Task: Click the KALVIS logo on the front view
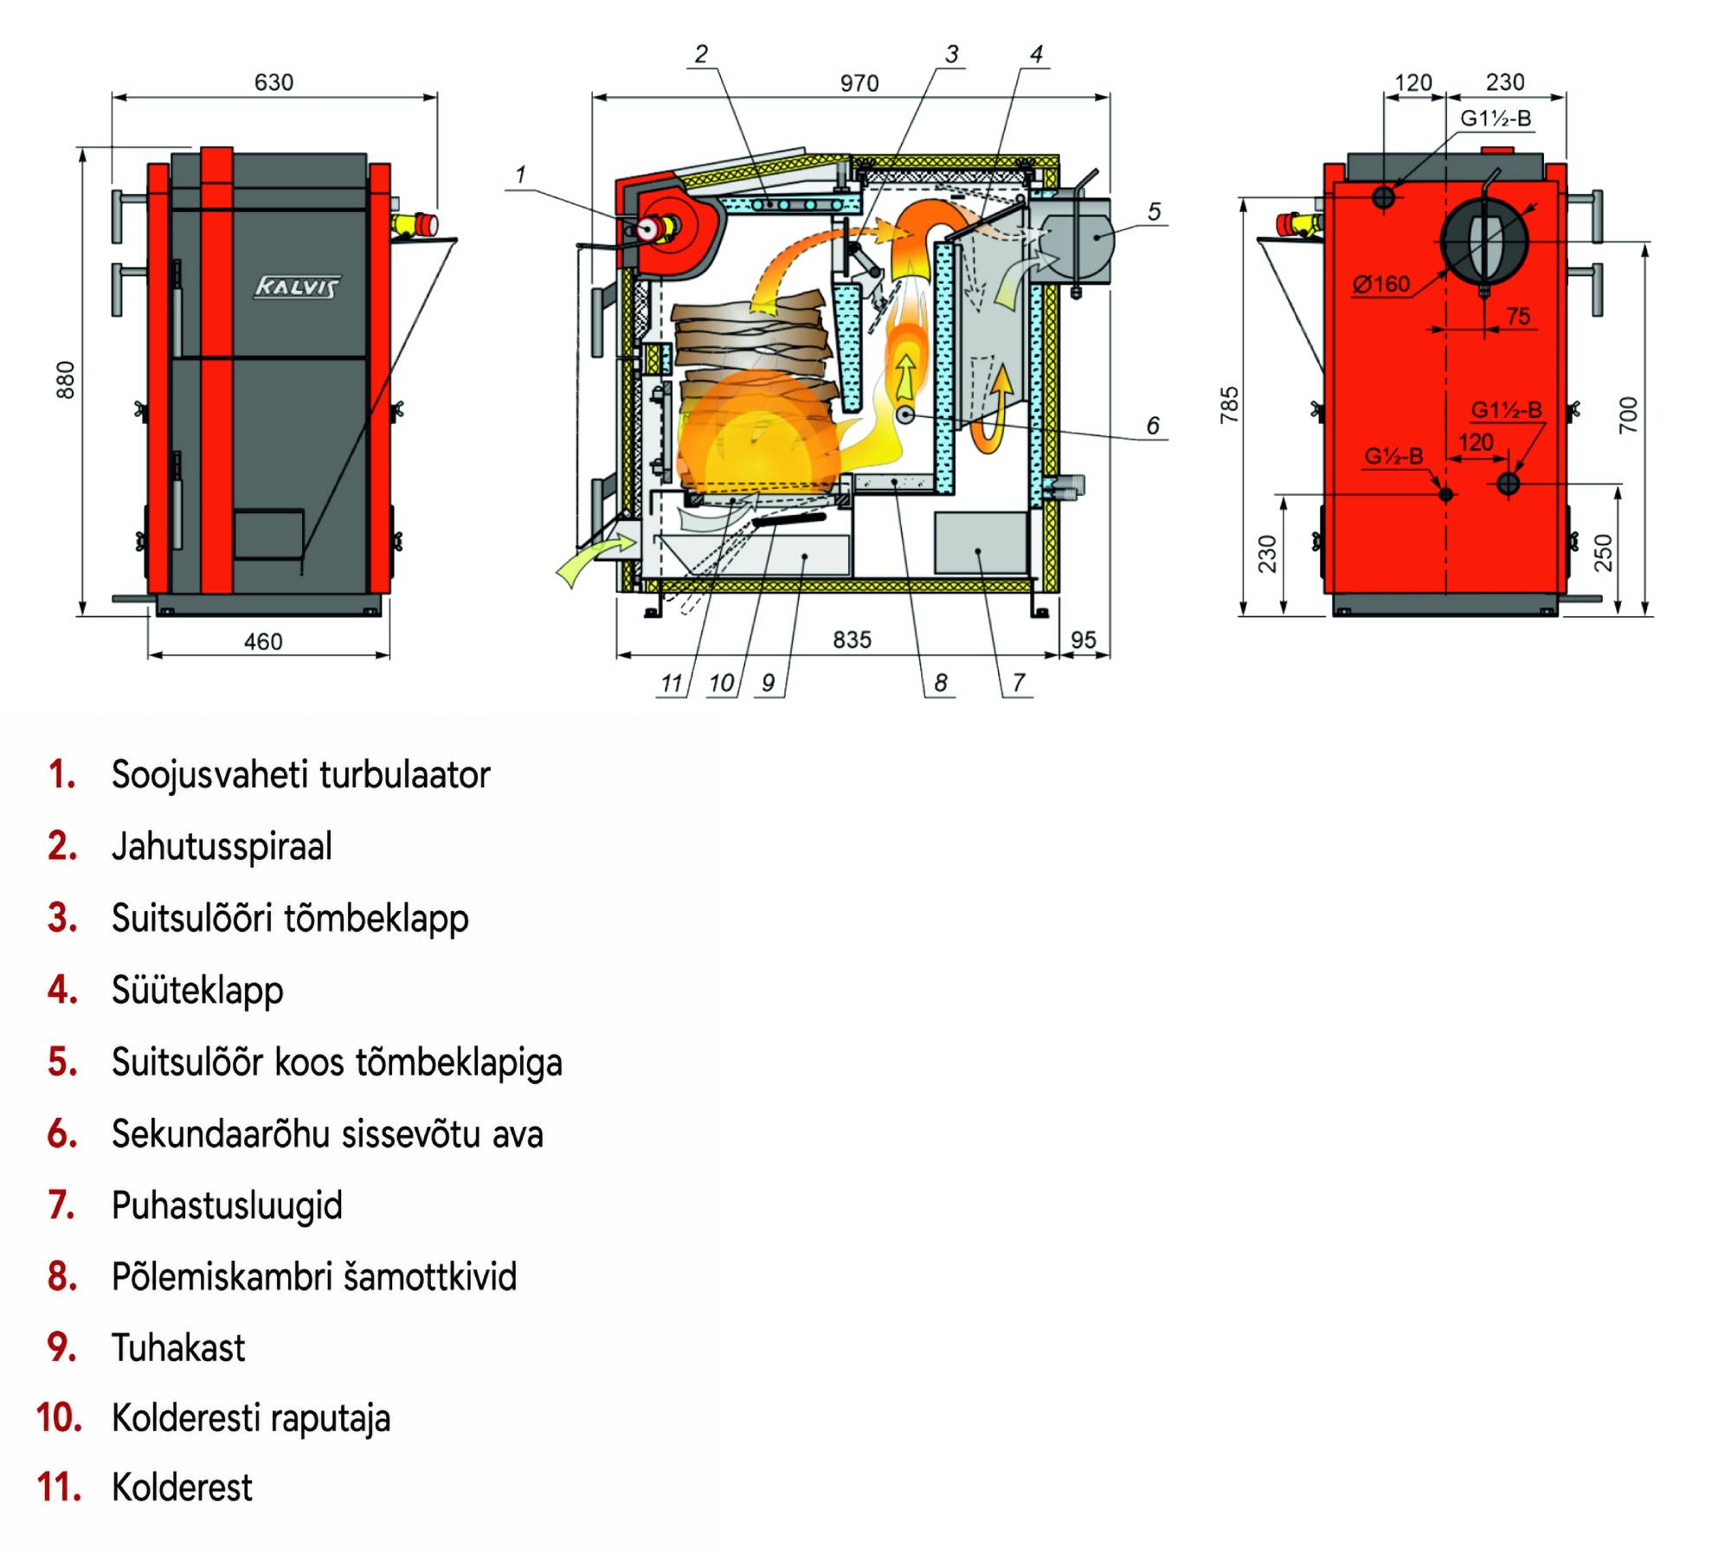[x=297, y=286]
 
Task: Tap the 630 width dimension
[x=273, y=82]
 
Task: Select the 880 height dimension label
[x=66, y=380]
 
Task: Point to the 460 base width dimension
[x=263, y=641]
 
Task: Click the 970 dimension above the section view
[x=859, y=83]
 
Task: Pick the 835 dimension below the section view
[x=852, y=639]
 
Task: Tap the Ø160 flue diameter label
[x=1381, y=284]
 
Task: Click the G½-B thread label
[x=1393, y=455]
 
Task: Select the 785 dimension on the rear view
[x=1229, y=405]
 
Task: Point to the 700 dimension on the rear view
[x=1628, y=414]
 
